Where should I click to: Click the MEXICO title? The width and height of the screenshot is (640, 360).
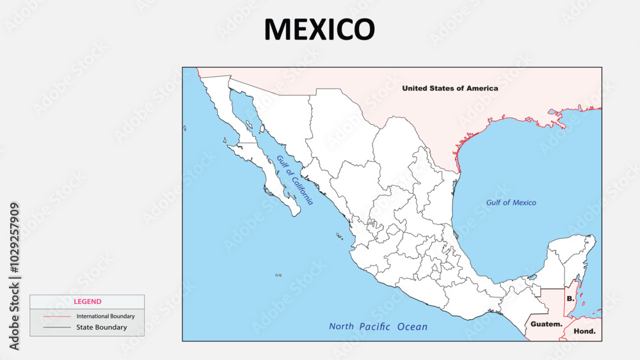[319, 29]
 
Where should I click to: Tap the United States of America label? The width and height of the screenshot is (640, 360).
[449, 88]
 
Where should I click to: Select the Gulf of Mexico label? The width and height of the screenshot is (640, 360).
[511, 203]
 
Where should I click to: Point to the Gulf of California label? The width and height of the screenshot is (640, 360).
[295, 180]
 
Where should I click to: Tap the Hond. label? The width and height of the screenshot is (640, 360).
[584, 331]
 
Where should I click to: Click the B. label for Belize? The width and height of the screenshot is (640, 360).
[570, 299]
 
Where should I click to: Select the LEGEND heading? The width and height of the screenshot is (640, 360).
[87, 301]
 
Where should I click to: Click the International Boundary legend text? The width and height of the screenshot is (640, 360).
[106, 316]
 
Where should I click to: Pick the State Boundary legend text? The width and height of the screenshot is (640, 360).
[102, 327]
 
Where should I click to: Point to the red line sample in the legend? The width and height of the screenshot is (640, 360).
[57, 317]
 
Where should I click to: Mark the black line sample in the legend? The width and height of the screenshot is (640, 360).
[57, 327]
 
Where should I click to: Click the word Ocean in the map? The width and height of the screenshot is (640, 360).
[412, 327]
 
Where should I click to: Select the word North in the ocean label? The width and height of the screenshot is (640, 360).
[341, 327]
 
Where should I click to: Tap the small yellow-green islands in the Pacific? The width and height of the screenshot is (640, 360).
[278, 276]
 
